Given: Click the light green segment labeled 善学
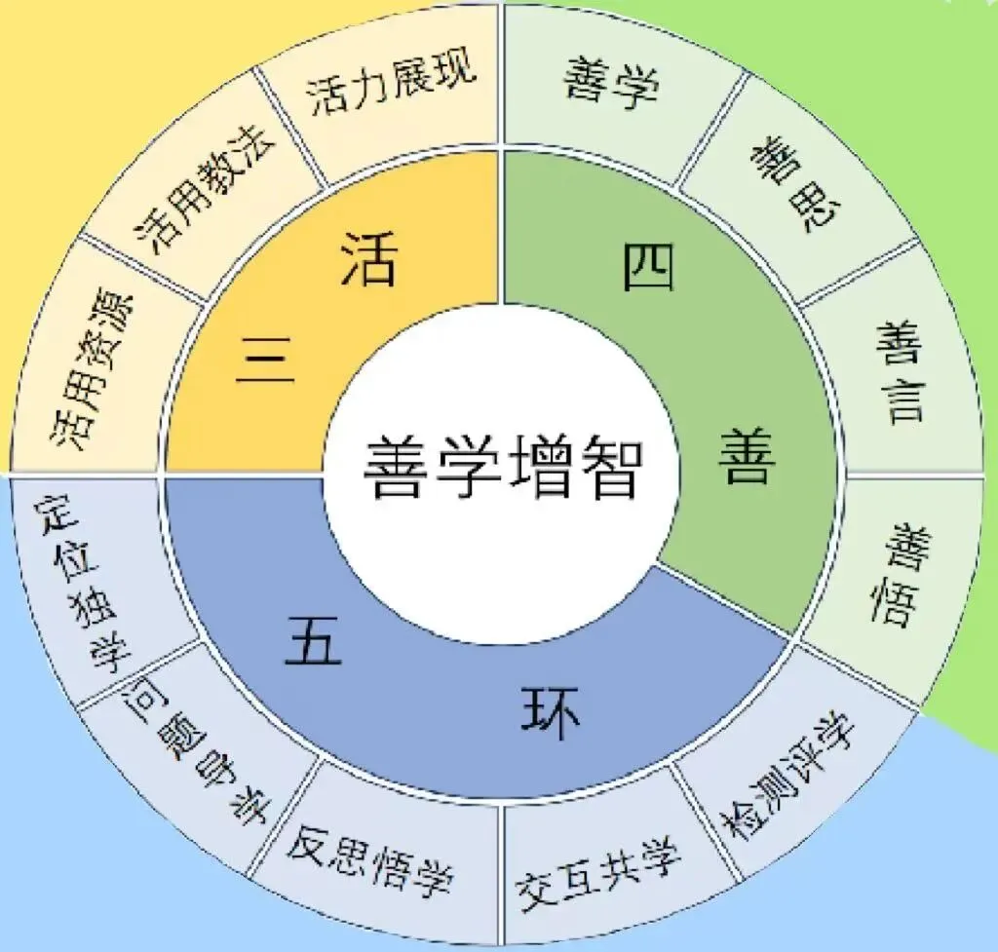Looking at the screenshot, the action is (612, 84).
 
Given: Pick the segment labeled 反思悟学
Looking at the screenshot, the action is (370, 857).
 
